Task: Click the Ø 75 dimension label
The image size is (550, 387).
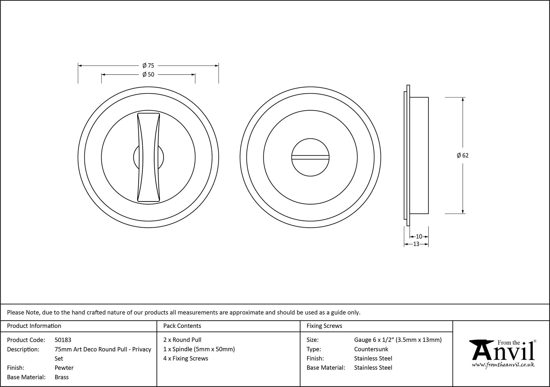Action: pyautogui.click(x=148, y=66)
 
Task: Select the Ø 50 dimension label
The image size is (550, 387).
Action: pyautogui.click(x=148, y=74)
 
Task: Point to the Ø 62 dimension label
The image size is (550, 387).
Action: pyautogui.click(x=463, y=156)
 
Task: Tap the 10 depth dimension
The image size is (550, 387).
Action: pyautogui.click(x=419, y=236)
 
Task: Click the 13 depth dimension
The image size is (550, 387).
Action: pyautogui.click(x=416, y=244)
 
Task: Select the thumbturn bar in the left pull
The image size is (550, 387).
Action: pyautogui.click(x=148, y=157)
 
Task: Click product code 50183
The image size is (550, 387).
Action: pyautogui.click(x=63, y=340)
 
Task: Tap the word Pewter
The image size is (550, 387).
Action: pyautogui.click(x=64, y=368)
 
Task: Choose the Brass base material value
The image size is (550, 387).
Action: pyautogui.click(x=62, y=377)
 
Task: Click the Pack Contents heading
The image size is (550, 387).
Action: pyautogui.click(x=182, y=326)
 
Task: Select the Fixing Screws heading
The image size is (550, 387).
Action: pyautogui.click(x=324, y=326)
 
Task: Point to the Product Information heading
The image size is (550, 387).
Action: pyautogui.click(x=34, y=326)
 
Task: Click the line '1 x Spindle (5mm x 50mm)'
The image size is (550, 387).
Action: pyautogui.click(x=199, y=349)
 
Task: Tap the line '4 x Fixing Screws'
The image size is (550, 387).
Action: pyautogui.click(x=186, y=358)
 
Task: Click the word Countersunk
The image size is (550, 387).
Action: pyautogui.click(x=371, y=349)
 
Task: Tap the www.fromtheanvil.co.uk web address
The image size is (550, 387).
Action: pyautogui.click(x=503, y=365)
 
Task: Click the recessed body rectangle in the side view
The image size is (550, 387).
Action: pyautogui.click(x=419, y=156)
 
